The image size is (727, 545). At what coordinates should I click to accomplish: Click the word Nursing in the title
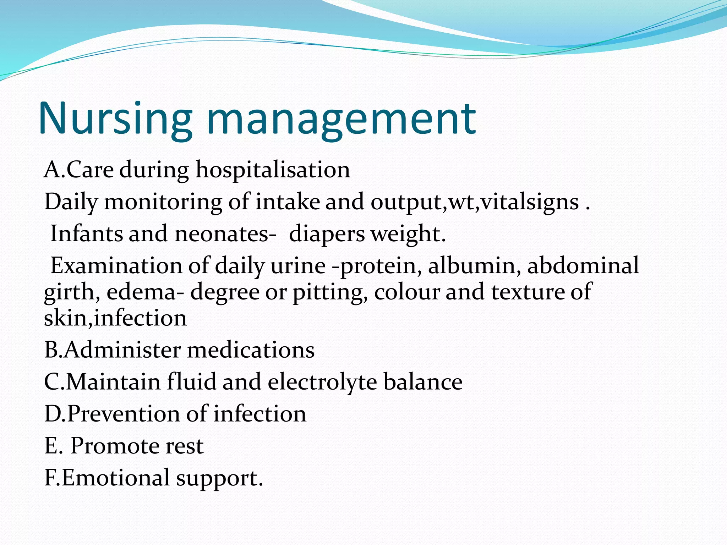click(115, 119)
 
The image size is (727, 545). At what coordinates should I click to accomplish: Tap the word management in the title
click(341, 119)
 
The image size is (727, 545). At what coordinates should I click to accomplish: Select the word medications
click(251, 350)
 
